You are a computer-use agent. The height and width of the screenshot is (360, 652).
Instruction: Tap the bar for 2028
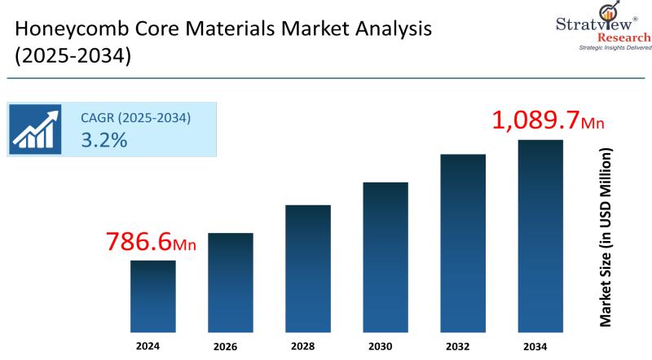click(x=308, y=268)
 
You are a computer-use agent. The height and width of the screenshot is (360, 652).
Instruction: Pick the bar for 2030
click(x=385, y=257)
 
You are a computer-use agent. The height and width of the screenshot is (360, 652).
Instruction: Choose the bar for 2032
click(x=463, y=243)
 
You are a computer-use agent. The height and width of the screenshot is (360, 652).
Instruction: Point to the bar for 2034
click(x=540, y=235)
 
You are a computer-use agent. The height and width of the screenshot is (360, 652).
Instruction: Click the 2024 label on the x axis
click(x=153, y=345)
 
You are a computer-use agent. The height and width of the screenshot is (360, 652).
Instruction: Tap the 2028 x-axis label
click(x=308, y=345)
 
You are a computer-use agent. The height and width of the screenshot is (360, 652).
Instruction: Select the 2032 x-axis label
click(x=463, y=345)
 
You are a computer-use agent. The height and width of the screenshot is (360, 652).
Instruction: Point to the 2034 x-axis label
click(x=540, y=345)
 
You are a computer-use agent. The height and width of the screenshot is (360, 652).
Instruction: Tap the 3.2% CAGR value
click(x=104, y=139)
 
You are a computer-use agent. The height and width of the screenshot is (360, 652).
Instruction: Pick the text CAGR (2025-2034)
click(x=135, y=117)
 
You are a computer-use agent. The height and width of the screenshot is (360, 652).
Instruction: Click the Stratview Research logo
click(x=599, y=24)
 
